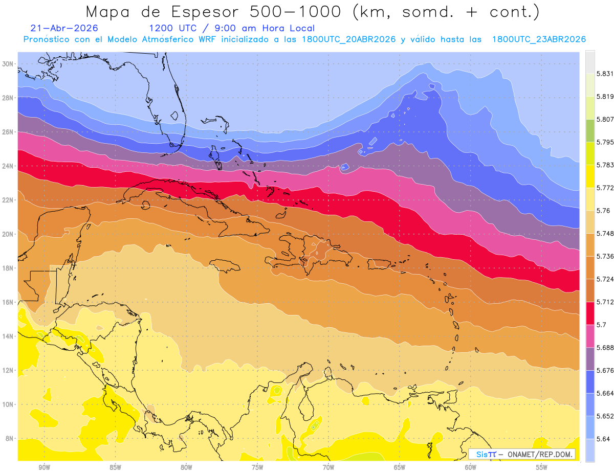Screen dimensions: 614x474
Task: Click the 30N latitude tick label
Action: point(7,64)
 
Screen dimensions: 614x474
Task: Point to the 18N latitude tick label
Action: point(7,268)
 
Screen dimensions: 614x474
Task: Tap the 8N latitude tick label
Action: point(9,438)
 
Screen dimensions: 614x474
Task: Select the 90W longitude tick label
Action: point(45,467)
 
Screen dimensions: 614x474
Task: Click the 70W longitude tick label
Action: point(328,467)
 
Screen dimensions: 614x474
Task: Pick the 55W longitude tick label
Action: point(541,467)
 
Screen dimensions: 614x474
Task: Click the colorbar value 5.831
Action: point(605,74)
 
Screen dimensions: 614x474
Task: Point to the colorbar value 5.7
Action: point(601,325)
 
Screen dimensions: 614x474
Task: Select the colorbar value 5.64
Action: point(603,439)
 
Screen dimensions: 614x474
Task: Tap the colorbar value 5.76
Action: point(603,211)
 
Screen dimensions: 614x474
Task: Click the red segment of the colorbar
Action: point(590,313)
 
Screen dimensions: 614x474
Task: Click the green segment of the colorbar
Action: point(590,131)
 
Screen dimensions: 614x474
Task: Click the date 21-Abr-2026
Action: point(64,28)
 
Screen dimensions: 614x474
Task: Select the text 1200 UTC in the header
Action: point(172,28)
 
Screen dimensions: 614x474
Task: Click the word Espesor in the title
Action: point(205,12)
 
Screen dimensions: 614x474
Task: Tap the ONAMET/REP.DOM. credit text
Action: point(540,455)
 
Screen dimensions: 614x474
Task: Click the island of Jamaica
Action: point(225,266)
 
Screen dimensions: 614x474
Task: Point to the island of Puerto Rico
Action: point(379,264)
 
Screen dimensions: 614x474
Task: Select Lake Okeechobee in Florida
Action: point(174,116)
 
